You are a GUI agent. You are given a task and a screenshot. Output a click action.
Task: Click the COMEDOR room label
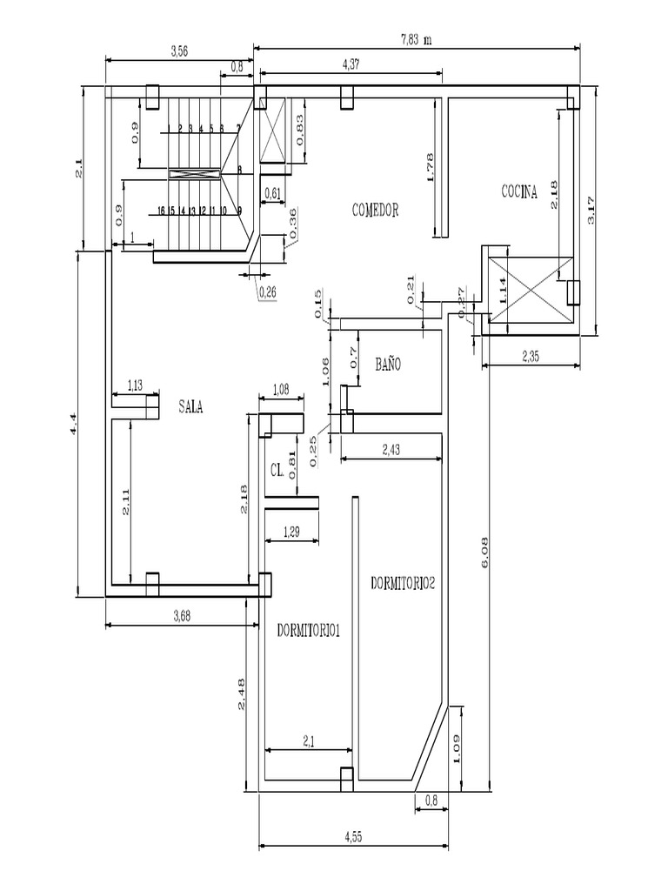point(375,210)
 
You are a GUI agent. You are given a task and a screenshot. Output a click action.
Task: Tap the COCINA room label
point(518,192)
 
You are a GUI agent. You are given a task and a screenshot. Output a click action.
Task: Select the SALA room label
point(190,406)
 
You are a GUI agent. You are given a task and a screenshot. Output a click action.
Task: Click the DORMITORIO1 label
point(308,631)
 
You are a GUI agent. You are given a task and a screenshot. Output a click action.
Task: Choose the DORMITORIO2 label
point(402,584)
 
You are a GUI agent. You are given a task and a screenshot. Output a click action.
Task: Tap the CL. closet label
point(277,470)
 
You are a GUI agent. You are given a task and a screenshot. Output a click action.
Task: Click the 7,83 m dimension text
point(416,39)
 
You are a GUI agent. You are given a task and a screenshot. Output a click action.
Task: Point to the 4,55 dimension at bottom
point(353,837)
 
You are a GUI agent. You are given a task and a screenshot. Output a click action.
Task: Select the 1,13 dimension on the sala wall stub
point(136,385)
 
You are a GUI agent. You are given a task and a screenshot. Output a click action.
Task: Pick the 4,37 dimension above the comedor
point(352,64)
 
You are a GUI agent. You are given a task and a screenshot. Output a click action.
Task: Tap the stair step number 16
point(162,211)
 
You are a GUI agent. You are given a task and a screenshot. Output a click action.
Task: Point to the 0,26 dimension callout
point(267,292)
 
